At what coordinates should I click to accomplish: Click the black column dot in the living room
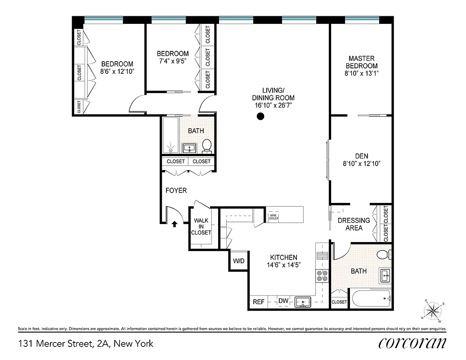pos(260,117)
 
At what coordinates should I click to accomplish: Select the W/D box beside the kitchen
pos(238,261)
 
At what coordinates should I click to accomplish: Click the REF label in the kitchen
pos(258,302)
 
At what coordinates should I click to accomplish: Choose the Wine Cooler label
pos(274,217)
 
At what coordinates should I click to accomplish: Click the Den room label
pos(361,156)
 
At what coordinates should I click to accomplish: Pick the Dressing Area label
pos(354,224)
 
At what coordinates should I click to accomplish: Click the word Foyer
pos(176,190)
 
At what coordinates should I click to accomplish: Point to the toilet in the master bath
pos(383,255)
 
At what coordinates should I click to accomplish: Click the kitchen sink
pos(303,301)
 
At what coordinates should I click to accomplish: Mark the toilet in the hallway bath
pos(207,145)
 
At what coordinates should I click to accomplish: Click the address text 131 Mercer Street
pos(85,344)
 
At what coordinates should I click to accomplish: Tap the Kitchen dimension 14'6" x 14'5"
pos(283,265)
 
